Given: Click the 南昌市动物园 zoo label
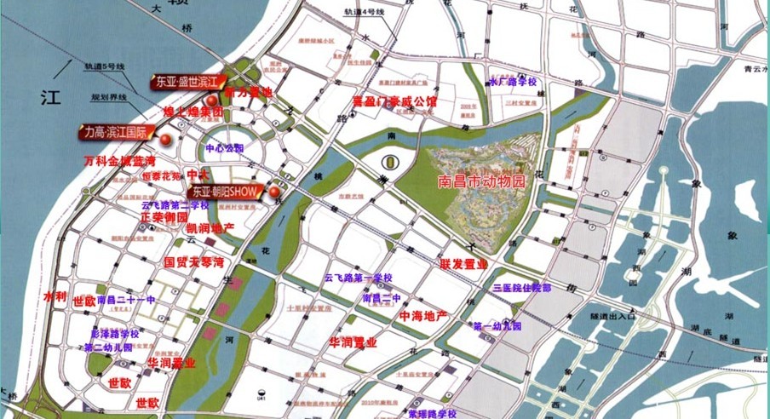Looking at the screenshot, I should (482, 181).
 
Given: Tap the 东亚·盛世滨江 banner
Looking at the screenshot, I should (187, 83).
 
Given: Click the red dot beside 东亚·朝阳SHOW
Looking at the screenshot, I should (274, 192).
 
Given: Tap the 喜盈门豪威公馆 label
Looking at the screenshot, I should (394, 101).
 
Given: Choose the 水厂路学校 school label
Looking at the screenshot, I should (512, 82).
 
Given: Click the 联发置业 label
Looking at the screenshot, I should (464, 264).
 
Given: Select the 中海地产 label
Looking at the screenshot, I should (423, 315).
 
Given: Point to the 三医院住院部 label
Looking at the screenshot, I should (521, 289).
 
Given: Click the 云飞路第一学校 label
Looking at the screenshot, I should (358, 278).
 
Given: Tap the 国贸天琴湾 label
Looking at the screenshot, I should (193, 261).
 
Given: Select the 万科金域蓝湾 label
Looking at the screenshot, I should (119, 161).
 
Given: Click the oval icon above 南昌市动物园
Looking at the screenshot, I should (389, 160).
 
